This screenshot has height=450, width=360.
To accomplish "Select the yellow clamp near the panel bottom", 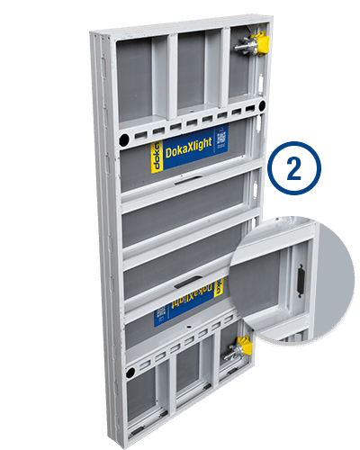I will [x=241, y=345].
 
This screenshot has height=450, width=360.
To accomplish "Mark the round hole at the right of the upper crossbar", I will [x=261, y=105].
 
